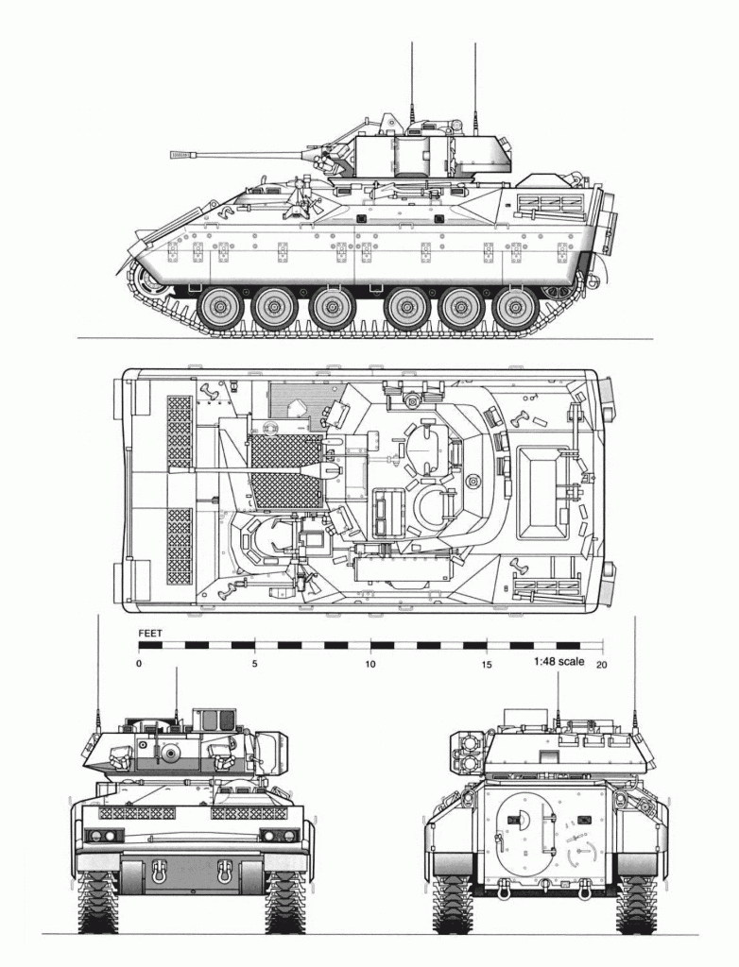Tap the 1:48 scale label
[x=559, y=661]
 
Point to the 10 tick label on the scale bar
[x=369, y=664]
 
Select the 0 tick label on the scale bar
[x=139, y=664]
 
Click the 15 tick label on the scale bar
[x=487, y=664]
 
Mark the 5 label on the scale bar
[x=254, y=664]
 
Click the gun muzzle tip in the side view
[x=172, y=155]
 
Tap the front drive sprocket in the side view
[x=150, y=283]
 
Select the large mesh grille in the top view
[x=286, y=472]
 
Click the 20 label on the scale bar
[x=601, y=664]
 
